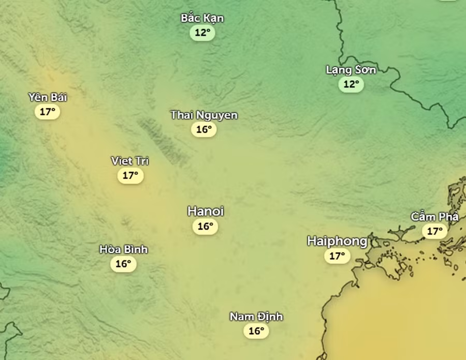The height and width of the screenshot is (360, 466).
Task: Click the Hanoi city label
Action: tap(206, 211)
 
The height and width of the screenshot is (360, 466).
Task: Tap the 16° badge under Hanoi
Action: tap(205, 226)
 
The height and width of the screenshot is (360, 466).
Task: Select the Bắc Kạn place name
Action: tap(202, 18)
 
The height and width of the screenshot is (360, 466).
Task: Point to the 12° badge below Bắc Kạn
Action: tap(202, 33)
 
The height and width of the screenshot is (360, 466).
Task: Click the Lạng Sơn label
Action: tap(351, 70)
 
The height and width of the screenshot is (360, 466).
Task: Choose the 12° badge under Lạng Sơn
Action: tap(351, 84)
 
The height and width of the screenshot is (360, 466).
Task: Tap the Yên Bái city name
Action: tap(48, 97)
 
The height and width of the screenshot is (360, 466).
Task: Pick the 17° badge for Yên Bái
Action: tap(47, 111)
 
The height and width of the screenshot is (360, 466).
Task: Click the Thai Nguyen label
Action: tap(204, 115)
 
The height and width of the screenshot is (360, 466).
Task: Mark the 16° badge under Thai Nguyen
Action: tap(203, 129)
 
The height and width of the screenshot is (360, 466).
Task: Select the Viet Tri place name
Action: tap(130, 161)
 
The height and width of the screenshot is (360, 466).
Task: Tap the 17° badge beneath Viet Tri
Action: tap(130, 175)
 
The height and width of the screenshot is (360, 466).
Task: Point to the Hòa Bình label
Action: tap(123, 249)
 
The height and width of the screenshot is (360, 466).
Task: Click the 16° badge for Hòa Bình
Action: tap(123, 264)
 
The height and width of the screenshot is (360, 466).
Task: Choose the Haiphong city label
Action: tap(337, 241)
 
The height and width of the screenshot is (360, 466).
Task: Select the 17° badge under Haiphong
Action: tap(337, 256)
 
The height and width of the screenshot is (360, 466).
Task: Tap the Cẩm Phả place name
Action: tap(434, 217)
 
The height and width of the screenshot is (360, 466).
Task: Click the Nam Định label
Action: tap(256, 317)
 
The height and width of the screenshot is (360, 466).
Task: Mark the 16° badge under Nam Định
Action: tap(256, 331)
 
